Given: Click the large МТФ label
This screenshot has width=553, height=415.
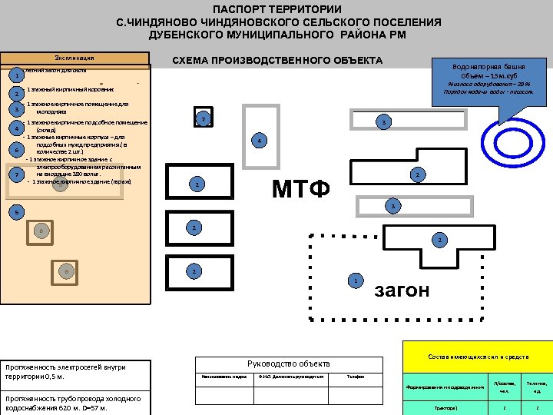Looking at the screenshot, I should click(300, 188).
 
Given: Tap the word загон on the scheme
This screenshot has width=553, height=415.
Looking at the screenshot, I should click(402, 291).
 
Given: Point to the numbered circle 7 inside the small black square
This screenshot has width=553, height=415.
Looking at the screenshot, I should click(203, 119).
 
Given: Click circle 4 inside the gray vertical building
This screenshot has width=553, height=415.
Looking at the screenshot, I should click(260, 141).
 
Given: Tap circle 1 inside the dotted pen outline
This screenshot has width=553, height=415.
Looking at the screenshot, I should click(354, 281).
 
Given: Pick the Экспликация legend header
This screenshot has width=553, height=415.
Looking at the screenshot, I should click(75, 58).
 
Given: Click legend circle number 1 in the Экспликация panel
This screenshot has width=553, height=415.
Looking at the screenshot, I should click(16, 76).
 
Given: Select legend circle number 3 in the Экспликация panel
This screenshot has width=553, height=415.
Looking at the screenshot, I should click(16, 108).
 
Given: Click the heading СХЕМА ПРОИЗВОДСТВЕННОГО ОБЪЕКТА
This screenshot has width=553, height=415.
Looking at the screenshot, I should click(277, 61).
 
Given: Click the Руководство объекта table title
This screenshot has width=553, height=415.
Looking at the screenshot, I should click(288, 364).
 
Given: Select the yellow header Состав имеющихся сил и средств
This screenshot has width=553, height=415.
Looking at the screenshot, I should click(478, 357).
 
